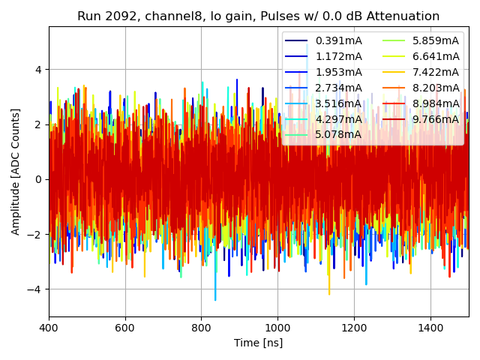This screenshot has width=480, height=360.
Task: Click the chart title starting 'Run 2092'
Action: coord(258,16)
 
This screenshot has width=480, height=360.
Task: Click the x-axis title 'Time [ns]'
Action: coord(258,343)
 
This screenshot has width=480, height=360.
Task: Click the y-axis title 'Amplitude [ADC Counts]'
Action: coord(16,171)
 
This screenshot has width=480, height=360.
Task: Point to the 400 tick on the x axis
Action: coord(49,328)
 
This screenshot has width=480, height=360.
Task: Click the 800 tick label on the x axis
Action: coord(201,328)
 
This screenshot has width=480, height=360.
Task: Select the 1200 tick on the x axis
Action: coord(354,328)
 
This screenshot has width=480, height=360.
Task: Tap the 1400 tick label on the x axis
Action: coord(430,328)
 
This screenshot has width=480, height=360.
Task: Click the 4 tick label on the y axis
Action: coord(39,70)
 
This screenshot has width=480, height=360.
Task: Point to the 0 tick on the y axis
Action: coord(39,179)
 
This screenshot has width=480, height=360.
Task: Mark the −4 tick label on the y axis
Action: coord(35,289)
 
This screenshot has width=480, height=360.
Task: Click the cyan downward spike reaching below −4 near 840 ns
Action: coord(215,298)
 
